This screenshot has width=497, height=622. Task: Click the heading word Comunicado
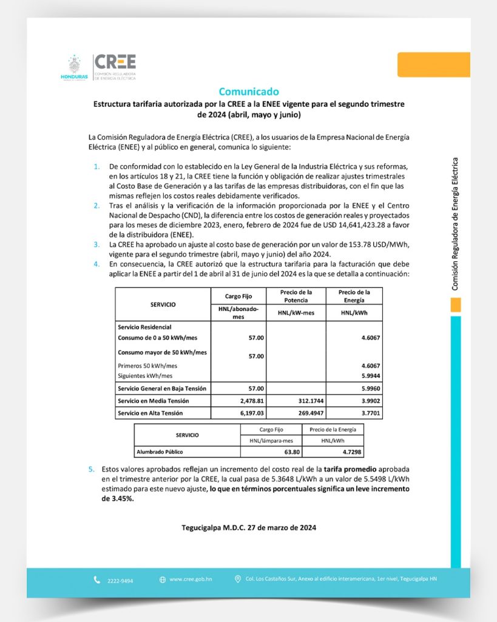pyautogui.click(x=249, y=92)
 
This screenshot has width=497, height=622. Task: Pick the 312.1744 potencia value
pyautogui.click(x=303, y=401)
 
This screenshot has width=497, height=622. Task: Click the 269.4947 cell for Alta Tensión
pyautogui.click(x=303, y=413)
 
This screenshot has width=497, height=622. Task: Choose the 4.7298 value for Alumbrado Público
pyautogui.click(x=351, y=452)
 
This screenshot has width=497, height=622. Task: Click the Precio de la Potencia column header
pyautogui.click(x=296, y=296)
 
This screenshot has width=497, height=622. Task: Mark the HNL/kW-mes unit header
pyautogui.click(x=296, y=312)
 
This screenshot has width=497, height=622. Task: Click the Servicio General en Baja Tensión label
pyautogui.click(x=162, y=388)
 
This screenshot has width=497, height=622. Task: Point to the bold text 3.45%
pyautogui.click(x=117, y=499)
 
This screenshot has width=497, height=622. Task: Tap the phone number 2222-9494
pyautogui.click(x=120, y=580)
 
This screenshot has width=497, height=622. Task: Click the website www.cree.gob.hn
pyautogui.click(x=191, y=579)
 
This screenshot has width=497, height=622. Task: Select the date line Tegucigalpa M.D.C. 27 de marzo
pyautogui.click(x=249, y=527)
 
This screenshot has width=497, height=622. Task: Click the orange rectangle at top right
pyautogui.click(x=433, y=64)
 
